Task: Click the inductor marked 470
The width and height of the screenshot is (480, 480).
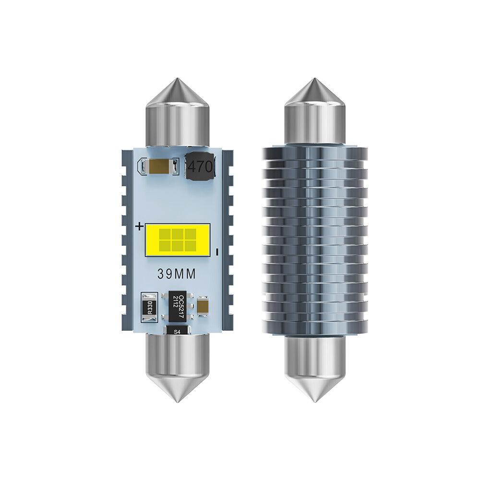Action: coord(201,167)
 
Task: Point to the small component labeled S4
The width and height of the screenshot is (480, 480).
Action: coord(177,331)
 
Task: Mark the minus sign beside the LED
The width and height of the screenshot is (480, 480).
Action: coord(217,251)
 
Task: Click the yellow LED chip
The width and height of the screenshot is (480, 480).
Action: coord(177,239)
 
